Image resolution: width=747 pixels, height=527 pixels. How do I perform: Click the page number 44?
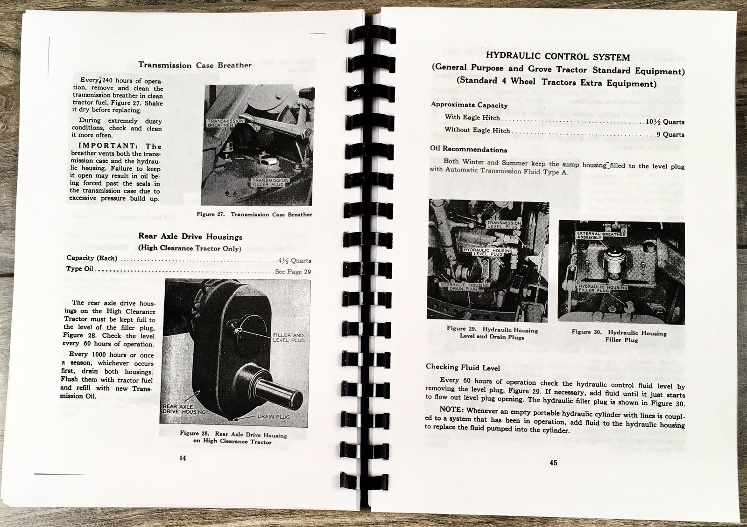[x=183, y=458]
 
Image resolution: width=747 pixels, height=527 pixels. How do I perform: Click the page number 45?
[x=553, y=463]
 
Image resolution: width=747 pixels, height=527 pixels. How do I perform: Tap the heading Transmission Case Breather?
[x=195, y=65]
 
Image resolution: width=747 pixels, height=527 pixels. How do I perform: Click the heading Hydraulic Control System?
[x=558, y=57]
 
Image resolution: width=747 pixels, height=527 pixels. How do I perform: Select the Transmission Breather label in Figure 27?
[x=226, y=123]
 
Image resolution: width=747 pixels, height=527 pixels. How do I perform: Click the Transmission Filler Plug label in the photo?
[x=270, y=182]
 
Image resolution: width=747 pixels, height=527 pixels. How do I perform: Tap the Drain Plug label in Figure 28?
[x=274, y=416]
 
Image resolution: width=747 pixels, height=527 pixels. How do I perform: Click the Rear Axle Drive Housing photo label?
[x=184, y=409]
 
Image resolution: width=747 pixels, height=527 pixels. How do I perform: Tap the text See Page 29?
[x=293, y=271]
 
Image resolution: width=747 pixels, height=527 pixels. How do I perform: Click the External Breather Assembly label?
[x=601, y=235]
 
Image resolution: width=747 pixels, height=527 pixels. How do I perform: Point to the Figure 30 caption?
[x=619, y=336]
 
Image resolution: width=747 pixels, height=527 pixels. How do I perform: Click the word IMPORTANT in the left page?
[x=107, y=146]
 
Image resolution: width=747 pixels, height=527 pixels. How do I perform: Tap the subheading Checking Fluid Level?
[x=463, y=368]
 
